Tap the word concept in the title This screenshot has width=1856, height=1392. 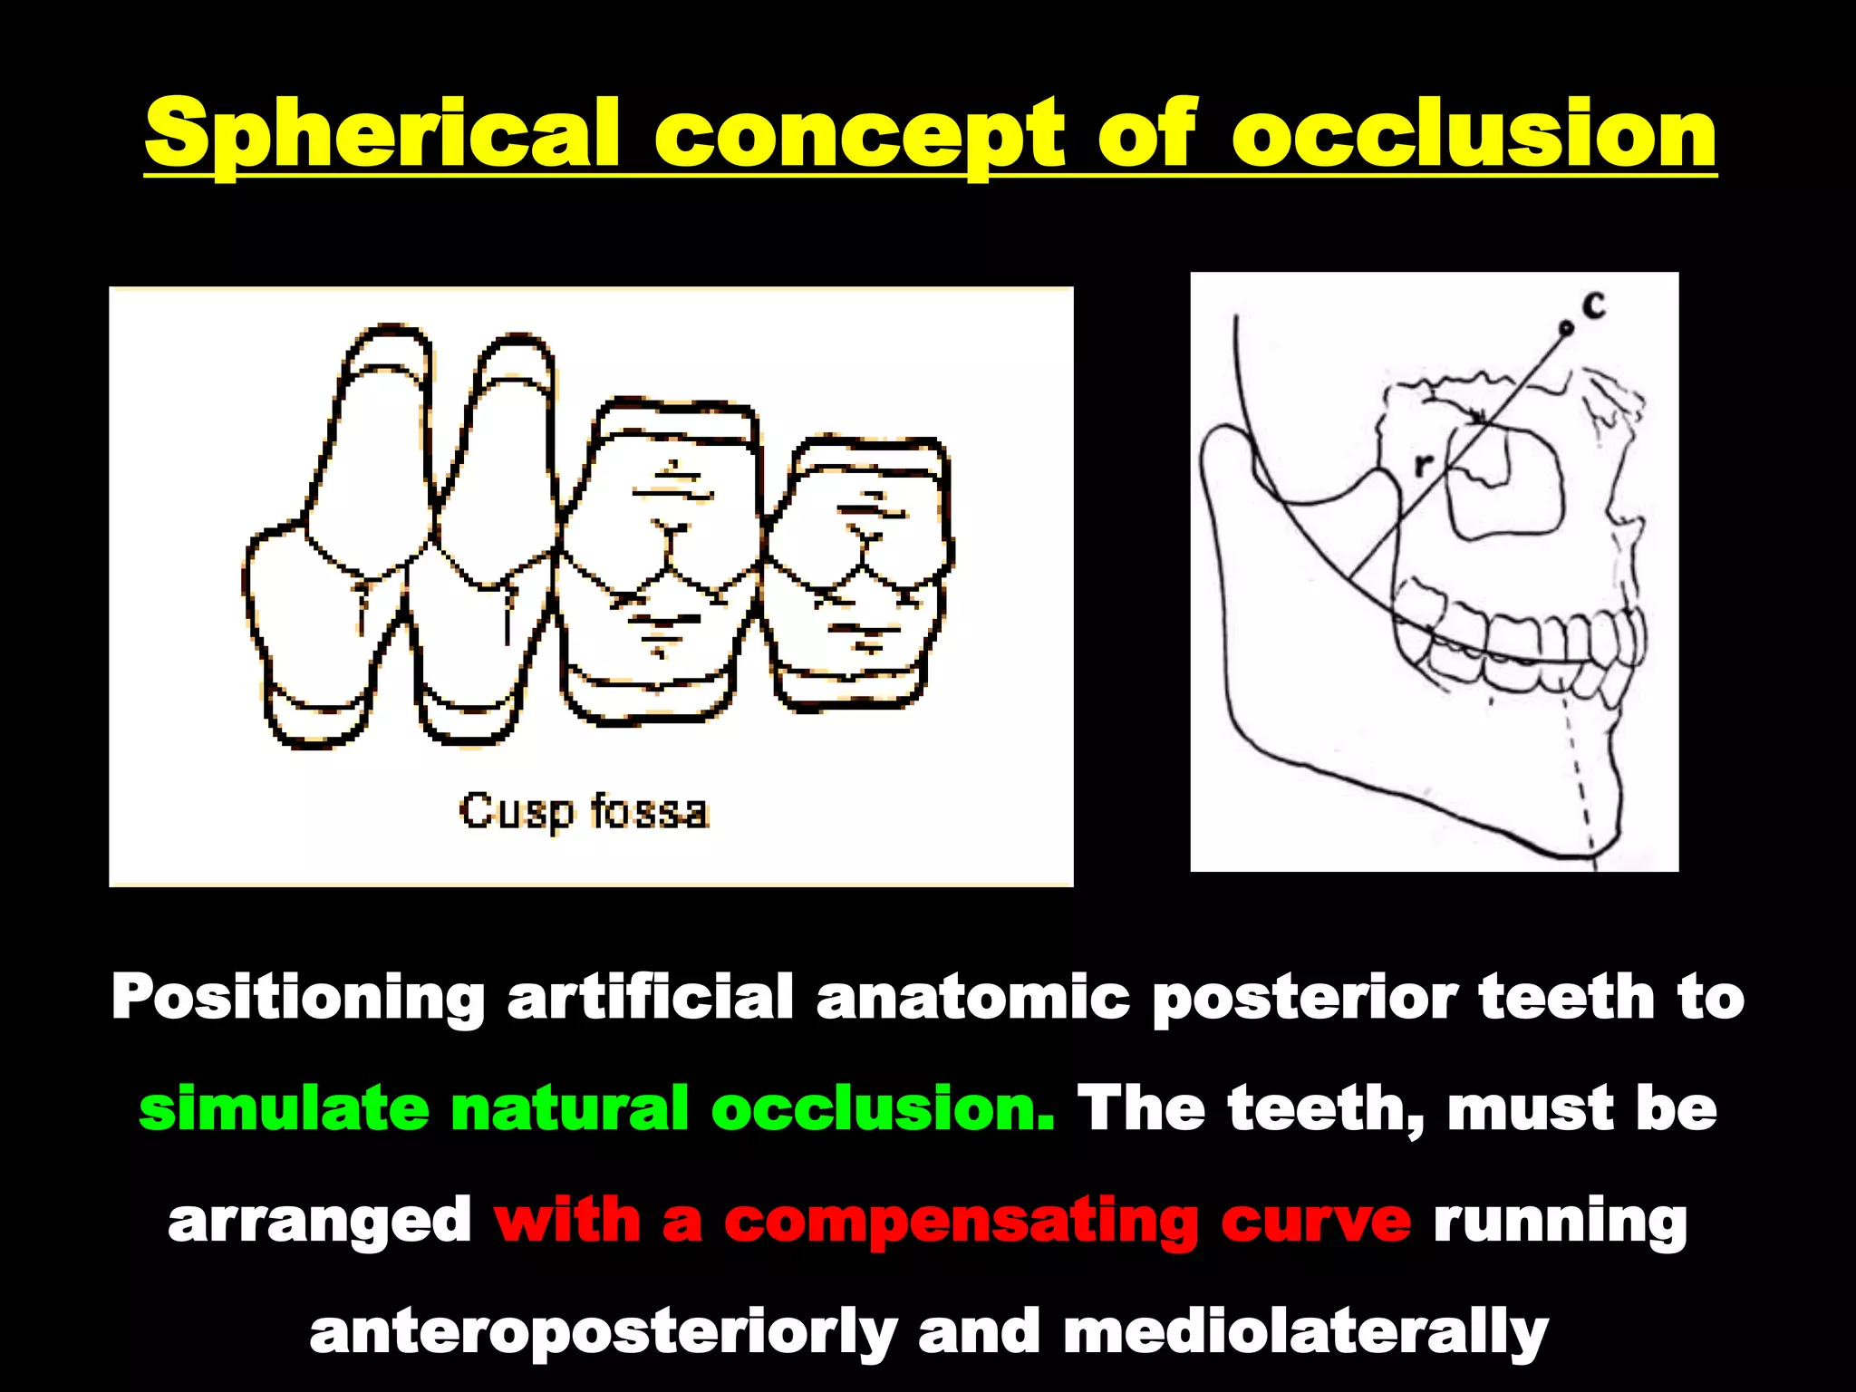pos(860,136)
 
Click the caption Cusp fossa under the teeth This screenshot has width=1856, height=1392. pos(584,811)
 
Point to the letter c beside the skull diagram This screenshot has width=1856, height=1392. pos(1594,305)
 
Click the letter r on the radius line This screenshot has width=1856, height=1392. pos(1424,465)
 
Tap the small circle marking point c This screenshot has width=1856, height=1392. pos(1565,328)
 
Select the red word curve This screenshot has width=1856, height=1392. pos(1315,1220)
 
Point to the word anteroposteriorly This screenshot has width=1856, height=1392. pos(604,1333)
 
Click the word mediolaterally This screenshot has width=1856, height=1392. pos(1305,1331)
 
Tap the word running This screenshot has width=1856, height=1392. pos(1560,1222)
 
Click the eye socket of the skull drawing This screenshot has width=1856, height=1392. pos(1504,485)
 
